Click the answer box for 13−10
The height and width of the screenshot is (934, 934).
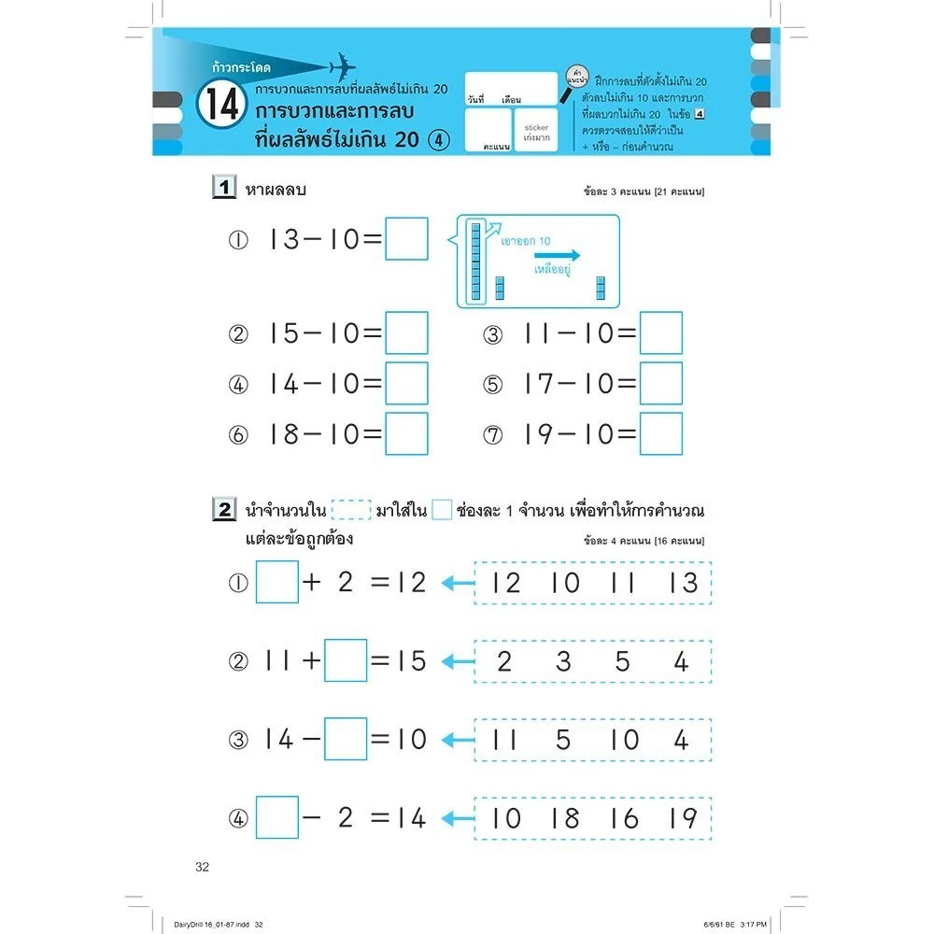click(x=406, y=239)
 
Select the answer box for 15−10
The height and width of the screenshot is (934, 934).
click(x=406, y=333)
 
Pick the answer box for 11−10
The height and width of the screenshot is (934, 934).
click(x=661, y=333)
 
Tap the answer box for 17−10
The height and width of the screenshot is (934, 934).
click(x=661, y=383)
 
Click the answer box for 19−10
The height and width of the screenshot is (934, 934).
click(x=661, y=433)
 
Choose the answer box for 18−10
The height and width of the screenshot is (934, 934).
click(x=406, y=433)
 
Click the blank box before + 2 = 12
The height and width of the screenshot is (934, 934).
click(x=276, y=583)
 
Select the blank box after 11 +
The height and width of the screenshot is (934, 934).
click(x=346, y=661)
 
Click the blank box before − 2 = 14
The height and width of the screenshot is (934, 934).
click(x=276, y=818)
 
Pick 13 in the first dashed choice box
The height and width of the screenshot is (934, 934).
click(x=684, y=583)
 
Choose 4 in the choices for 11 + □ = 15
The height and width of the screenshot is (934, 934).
click(x=681, y=661)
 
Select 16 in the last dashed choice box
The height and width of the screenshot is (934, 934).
click(x=625, y=818)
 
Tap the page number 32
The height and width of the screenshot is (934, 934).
click(x=203, y=867)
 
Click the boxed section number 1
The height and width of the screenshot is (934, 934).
click(x=224, y=190)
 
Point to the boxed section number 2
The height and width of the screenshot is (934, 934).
click(x=224, y=510)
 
